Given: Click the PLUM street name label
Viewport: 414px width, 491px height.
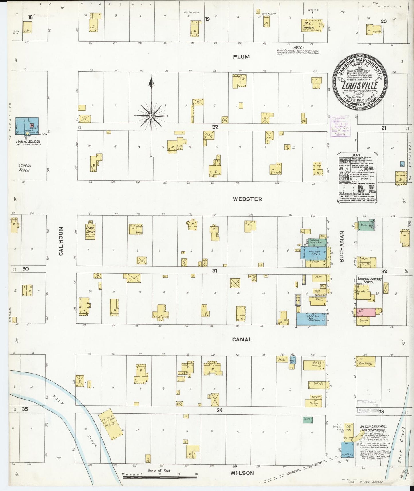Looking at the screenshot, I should [x=241, y=57].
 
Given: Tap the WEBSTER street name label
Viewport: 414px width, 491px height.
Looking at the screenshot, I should [x=247, y=199].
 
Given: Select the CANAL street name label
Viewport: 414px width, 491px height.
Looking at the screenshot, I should [x=242, y=339].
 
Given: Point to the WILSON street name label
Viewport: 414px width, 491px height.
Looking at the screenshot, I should [x=242, y=473].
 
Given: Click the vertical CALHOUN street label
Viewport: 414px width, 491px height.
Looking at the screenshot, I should [x=61, y=241].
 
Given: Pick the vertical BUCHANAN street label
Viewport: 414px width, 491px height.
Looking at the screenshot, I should [x=341, y=247].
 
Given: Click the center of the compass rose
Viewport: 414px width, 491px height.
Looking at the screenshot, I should [x=151, y=116].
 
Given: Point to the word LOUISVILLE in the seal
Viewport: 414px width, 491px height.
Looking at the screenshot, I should [x=360, y=86].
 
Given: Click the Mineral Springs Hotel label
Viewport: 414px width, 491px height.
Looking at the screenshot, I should [x=369, y=280].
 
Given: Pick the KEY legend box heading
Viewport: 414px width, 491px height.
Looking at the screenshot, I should [x=357, y=155].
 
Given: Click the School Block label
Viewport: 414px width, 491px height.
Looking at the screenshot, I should [x=25, y=168].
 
